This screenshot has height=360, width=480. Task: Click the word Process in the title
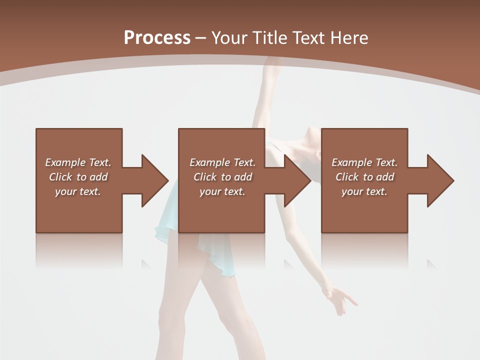pos(157,38)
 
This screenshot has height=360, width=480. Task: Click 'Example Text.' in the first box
pos(78,162)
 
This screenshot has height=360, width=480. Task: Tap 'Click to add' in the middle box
pos(222,177)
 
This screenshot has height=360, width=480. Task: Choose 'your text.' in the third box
pos(364,191)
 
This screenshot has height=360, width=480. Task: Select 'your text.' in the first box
pos(78,191)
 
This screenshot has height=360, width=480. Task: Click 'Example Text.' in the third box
pos(364,162)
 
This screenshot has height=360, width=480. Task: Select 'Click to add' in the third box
pos(364,177)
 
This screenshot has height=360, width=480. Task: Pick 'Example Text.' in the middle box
pos(222,162)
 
